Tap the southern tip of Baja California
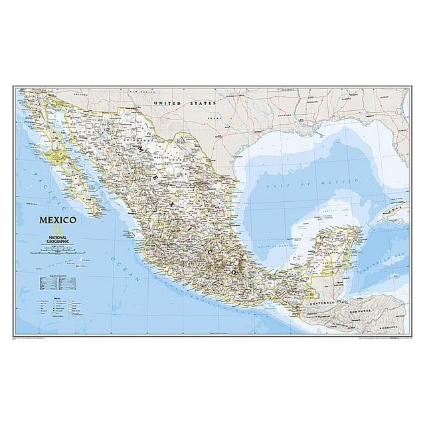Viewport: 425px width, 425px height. (x=100, y=214)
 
